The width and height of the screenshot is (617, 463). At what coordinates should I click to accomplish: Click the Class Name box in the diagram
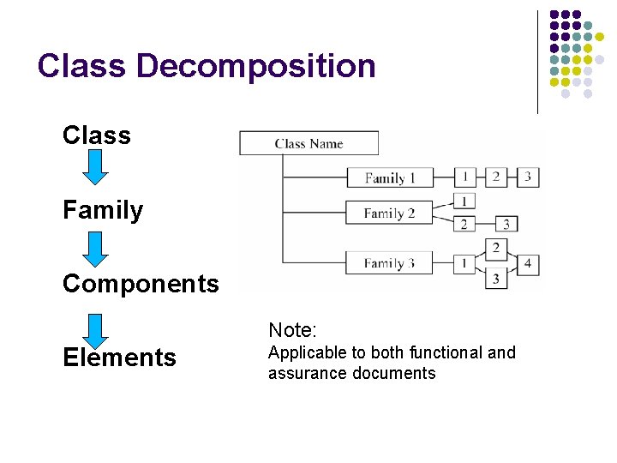click(308, 143)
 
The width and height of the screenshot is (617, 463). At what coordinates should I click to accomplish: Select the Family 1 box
click(390, 177)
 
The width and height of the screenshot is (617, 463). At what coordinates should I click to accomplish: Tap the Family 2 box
click(389, 213)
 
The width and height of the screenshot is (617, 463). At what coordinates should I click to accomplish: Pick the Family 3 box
click(389, 262)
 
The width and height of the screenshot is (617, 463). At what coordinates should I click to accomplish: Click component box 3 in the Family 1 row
click(528, 177)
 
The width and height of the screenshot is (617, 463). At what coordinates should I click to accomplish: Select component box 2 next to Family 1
click(496, 177)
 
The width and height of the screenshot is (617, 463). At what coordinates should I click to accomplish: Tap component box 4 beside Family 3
click(528, 262)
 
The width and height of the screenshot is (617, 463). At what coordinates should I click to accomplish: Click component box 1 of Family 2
click(464, 201)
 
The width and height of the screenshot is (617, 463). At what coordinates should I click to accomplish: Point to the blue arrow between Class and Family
click(97, 167)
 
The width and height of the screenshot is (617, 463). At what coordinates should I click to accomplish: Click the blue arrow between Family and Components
click(97, 249)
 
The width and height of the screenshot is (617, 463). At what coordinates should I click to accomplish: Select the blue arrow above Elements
click(97, 331)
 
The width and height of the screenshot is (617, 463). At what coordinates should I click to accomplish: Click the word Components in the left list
click(141, 284)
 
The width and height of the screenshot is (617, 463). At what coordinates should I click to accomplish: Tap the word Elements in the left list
click(119, 358)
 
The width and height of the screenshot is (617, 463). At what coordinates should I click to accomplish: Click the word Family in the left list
click(103, 210)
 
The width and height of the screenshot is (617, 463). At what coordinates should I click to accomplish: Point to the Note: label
click(293, 330)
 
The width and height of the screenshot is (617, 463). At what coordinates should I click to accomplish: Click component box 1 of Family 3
click(464, 262)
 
